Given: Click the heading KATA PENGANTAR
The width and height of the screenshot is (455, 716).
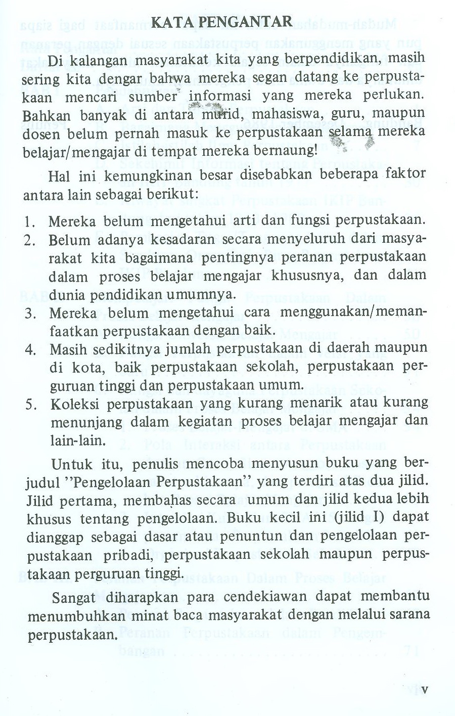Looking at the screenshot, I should (x=222, y=22).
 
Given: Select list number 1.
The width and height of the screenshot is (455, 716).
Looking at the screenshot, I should (x=29, y=221).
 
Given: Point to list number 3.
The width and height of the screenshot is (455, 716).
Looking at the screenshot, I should (x=29, y=314).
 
